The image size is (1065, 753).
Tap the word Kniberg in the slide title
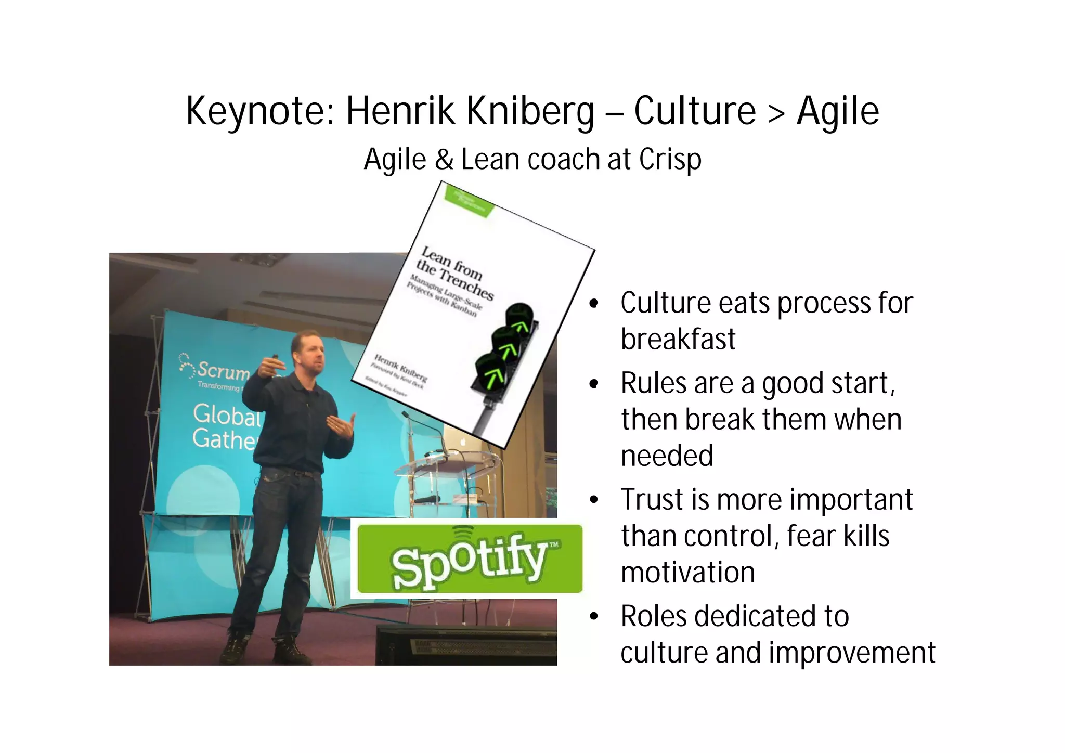pyautogui.click(x=530, y=111)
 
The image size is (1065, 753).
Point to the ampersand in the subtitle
pyautogui.click(x=444, y=159)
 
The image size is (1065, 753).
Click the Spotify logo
pyautogui.click(x=470, y=559)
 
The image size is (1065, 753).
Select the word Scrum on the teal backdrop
pyautogui.click(x=223, y=370)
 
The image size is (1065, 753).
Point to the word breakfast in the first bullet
pyautogui.click(x=678, y=339)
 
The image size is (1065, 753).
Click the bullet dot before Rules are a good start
pyautogui.click(x=594, y=384)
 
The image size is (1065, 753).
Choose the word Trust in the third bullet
pyautogui.click(x=652, y=500)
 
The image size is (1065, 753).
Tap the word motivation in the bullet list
pyautogui.click(x=687, y=573)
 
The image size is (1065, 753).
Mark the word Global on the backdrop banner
pyautogui.click(x=226, y=415)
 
